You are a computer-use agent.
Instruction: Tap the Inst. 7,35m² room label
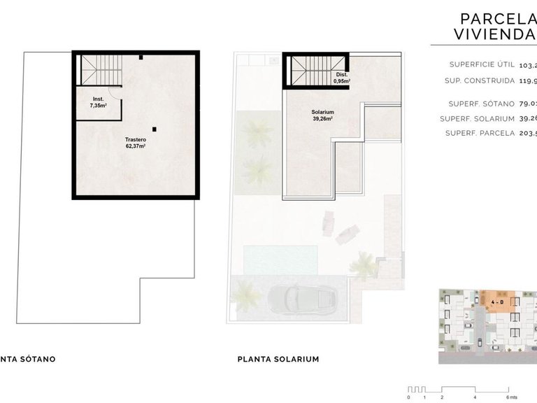click(98, 102)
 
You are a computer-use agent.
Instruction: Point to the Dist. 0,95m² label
click(342, 78)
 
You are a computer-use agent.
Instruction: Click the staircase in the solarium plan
click(308, 71)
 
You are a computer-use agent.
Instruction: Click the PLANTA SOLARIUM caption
click(278, 359)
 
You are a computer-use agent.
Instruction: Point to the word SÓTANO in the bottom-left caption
click(33, 359)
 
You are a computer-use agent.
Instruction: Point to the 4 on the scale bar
click(475, 396)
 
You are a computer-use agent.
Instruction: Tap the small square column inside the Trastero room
click(156, 129)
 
